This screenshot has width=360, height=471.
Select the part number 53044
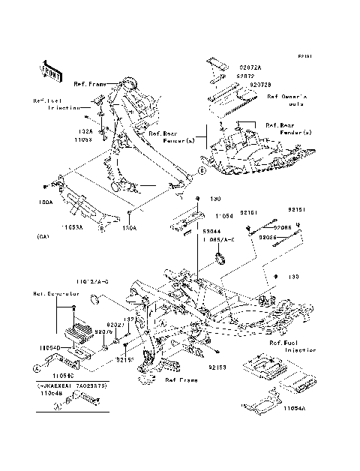tap(212, 232)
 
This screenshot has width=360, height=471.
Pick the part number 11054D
tap(42, 348)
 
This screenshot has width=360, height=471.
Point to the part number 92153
tap(217, 367)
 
